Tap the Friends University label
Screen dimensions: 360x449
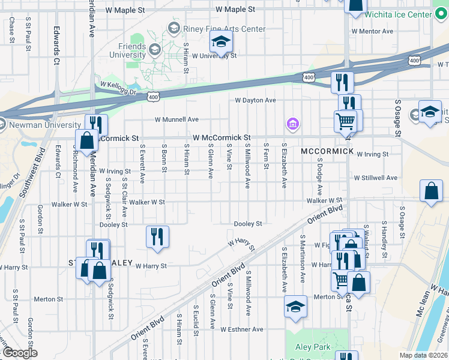[x=127, y=50]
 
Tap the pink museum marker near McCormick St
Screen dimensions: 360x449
[x=293, y=124]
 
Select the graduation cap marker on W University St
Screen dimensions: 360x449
[x=221, y=41]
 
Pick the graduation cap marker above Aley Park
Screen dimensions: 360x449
[x=295, y=307]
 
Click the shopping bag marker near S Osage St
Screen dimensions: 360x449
[x=431, y=192]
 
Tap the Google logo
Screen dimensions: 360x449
[x=20, y=353]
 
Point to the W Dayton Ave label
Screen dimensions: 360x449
[x=255, y=100]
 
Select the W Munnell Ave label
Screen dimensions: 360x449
[x=176, y=119]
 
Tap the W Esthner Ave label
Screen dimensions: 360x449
[x=241, y=329]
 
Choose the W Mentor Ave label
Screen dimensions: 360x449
[x=372, y=31]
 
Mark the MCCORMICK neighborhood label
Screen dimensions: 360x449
[x=327, y=151]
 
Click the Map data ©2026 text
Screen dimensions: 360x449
[x=423, y=355]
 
